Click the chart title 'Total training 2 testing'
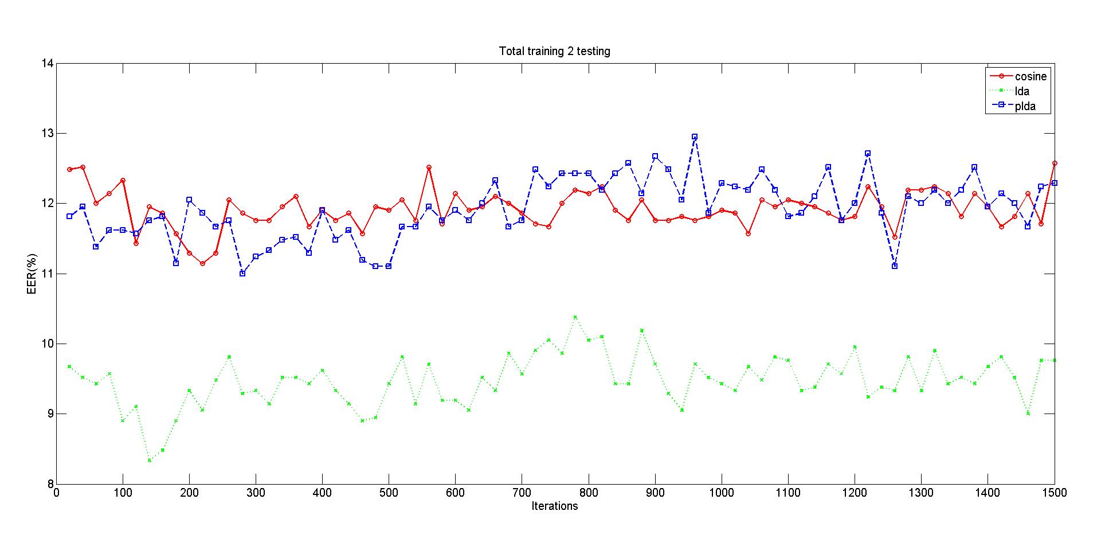point(554,51)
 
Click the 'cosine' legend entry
point(1031,76)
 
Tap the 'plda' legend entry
point(1025,106)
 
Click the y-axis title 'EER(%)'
point(32,274)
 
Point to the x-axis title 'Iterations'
point(554,506)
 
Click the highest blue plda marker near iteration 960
point(695,137)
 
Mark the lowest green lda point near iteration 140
point(149,461)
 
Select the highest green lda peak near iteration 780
point(575,317)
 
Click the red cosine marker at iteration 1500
point(1054,163)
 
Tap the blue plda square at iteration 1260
point(895,266)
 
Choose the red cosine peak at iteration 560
point(429,167)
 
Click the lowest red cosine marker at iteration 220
point(202,263)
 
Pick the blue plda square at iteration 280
point(242,274)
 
